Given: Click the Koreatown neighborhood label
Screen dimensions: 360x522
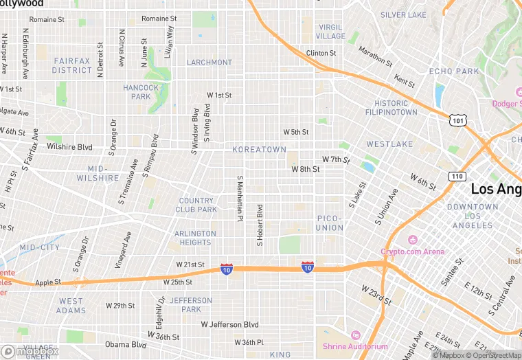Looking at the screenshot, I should click(x=259, y=149).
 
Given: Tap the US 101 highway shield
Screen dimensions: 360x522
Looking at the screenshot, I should click(x=457, y=120).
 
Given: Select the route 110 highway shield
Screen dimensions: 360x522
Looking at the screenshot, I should click(x=457, y=176).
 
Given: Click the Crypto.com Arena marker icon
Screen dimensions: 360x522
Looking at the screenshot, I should click(x=413, y=240).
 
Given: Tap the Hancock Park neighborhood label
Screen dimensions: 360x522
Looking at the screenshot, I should click(x=141, y=92).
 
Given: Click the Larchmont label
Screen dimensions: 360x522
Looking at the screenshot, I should click(x=209, y=63).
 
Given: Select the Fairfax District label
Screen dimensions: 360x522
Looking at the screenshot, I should click(x=72, y=65).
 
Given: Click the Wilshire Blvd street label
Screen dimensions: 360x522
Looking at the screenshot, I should click(x=69, y=147).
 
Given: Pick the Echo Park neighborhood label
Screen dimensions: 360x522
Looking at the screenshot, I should click(x=453, y=71).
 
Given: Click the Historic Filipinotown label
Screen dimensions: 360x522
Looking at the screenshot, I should click(x=391, y=107).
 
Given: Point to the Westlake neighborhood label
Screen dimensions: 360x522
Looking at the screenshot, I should click(x=389, y=144).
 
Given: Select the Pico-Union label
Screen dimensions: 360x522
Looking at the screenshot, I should click(x=330, y=223).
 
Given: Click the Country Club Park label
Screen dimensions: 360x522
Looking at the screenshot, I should click(x=196, y=205).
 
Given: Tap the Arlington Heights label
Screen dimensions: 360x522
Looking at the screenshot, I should click(x=195, y=238).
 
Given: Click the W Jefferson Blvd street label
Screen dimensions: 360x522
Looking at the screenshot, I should click(x=229, y=324).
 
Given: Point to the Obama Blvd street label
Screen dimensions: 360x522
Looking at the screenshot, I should click(x=126, y=344).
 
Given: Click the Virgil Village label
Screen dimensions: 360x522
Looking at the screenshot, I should click(x=330, y=32).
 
